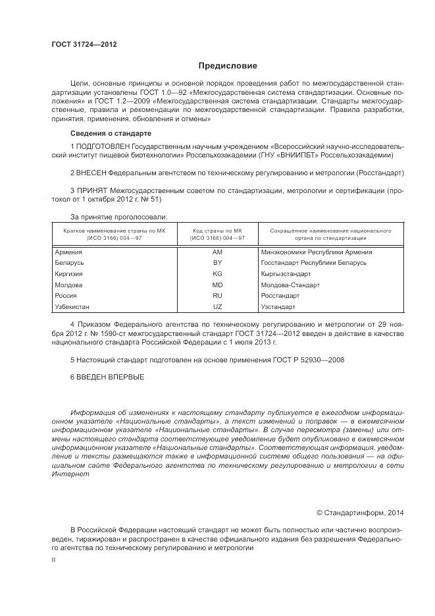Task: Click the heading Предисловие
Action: point(228,66)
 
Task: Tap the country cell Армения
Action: point(68,252)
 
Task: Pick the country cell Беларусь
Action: point(69,263)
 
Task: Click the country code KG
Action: point(217,274)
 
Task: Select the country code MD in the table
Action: point(217,285)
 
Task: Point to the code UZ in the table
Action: point(217,307)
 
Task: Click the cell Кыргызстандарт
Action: point(286,274)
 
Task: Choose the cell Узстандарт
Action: point(278,307)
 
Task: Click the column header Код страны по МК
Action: point(218,231)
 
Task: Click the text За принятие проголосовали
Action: point(118,216)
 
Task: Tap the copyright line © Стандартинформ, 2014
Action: point(360,512)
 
